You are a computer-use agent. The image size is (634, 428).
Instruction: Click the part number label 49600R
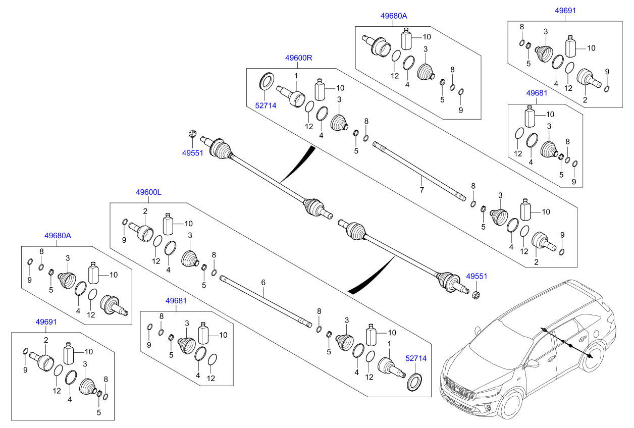coord(299,58)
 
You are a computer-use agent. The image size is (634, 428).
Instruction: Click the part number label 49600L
coord(148,192)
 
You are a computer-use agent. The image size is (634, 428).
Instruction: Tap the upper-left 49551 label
coord(193,152)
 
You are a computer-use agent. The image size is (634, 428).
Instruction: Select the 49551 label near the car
coord(477,277)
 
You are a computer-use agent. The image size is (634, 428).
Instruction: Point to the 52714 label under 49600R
coord(266,105)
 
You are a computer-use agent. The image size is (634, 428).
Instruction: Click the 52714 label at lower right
coord(416,358)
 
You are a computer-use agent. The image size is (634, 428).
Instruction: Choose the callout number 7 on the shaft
coord(421,190)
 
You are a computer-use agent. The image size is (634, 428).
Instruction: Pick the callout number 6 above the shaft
coord(263,283)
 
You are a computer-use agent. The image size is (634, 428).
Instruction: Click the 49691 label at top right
coord(565,10)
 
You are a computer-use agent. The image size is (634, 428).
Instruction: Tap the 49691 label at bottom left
coord(46,322)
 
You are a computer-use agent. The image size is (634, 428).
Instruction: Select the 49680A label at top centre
coord(394,16)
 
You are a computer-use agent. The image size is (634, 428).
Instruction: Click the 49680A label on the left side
coord(58,235)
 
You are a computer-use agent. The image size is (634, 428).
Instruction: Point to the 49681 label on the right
coord(537,93)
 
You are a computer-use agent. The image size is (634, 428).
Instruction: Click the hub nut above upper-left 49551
coord(192,133)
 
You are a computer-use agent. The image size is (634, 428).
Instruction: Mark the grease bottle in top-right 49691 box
coord(571,46)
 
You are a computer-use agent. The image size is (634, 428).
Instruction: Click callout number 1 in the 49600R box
coord(296,76)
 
